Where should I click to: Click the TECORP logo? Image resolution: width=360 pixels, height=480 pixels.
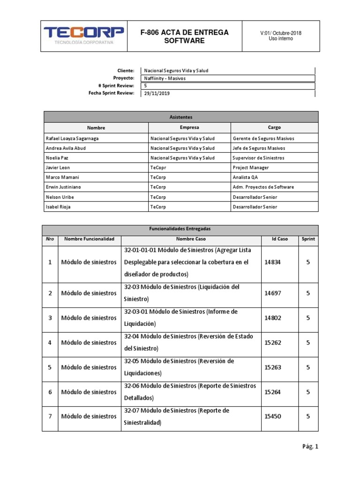click(84, 35)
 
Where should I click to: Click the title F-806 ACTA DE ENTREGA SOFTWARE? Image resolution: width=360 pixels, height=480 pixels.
click(184, 37)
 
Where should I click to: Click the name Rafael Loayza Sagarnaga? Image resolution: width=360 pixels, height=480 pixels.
click(72, 138)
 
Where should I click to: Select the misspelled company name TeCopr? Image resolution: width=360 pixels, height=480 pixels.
click(158, 167)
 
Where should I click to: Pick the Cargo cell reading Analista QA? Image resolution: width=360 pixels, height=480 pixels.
click(245, 177)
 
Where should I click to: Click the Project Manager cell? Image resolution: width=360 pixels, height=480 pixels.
click(249, 167)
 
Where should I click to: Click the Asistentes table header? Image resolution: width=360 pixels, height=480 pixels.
click(181, 117)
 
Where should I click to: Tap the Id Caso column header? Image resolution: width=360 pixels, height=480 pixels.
click(279, 239)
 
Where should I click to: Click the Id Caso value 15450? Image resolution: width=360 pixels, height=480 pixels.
click(273, 416)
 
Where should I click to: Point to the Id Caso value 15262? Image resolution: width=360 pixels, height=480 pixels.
click(273, 343)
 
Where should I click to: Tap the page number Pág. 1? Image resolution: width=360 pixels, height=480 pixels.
click(310, 447)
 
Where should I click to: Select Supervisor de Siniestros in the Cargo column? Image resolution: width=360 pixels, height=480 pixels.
click(258, 158)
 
